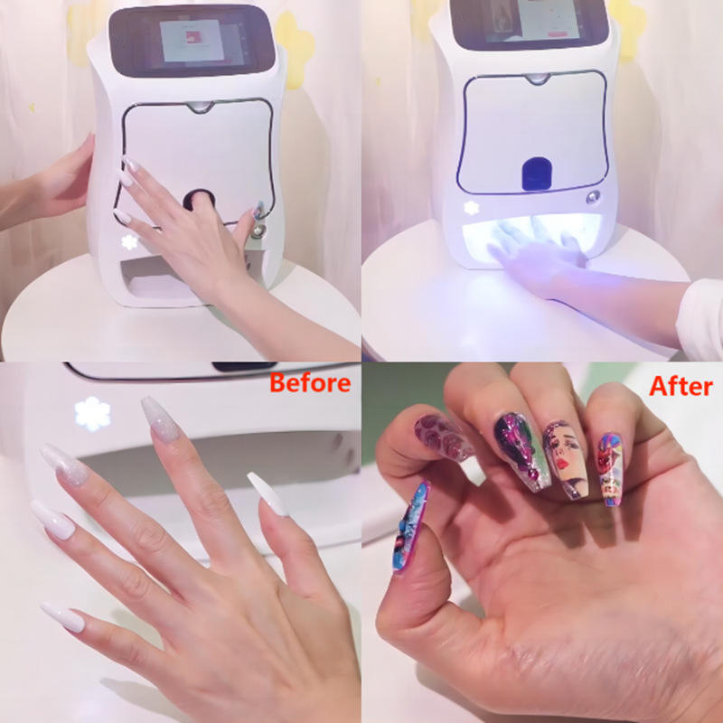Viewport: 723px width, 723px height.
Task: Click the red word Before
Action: pos(310,382)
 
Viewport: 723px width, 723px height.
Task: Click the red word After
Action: pos(681,386)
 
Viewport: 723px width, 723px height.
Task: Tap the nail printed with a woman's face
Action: pos(566,458)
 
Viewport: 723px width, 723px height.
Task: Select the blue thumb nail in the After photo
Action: pos(411,526)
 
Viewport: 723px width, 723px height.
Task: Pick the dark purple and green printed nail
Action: pos(522,449)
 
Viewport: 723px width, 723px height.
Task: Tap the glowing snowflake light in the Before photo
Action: pos(93,414)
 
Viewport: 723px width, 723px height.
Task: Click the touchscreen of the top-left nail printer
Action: pos(192,41)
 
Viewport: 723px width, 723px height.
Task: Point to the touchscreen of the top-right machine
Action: pos(530,22)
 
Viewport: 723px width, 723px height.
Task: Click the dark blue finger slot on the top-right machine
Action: pos(537,174)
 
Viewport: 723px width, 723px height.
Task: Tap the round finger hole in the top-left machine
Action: pos(199,200)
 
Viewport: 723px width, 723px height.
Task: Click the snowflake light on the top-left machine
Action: pos(129,242)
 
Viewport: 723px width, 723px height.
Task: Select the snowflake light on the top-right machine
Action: pos(471,208)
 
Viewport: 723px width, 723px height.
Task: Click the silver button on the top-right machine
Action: pos(594,197)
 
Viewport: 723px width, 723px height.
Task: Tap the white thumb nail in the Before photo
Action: pos(268,493)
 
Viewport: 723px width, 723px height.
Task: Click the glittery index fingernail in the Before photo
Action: pos(160,418)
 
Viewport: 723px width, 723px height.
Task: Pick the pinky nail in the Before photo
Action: pos(62,616)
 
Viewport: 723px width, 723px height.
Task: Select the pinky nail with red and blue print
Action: pos(611,469)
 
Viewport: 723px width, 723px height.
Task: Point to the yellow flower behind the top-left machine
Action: pos(296,50)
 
